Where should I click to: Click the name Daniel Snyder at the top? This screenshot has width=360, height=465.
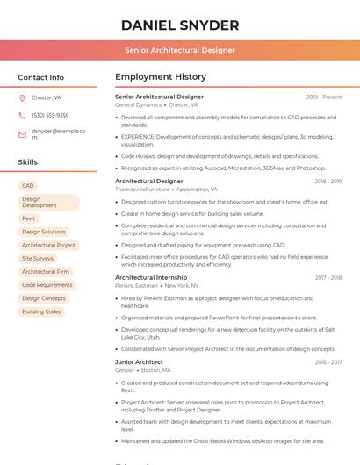pos(180,25)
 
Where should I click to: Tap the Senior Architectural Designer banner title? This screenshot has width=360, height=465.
pos(180,50)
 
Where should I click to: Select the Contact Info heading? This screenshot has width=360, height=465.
pos(41,77)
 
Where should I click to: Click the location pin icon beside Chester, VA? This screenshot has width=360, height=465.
pos(22,98)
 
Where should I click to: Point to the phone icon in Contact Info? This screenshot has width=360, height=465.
pos(22,116)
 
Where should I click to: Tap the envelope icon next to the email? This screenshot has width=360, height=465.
pos(22,134)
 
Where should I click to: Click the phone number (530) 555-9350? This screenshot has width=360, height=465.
pos(50,116)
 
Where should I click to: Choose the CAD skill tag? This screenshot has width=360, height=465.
pos(28,186)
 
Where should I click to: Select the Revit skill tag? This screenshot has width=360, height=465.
pos(29,218)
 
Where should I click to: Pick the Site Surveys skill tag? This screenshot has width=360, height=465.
pos(38,259)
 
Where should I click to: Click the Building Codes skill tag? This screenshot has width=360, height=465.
pos(41,311)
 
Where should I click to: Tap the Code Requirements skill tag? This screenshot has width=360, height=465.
pos(47,285)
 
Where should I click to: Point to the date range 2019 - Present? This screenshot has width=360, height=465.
pos(324,97)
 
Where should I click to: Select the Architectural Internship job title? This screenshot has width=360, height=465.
pos(151,277)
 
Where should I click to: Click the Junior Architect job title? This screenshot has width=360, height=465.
pos(139,361)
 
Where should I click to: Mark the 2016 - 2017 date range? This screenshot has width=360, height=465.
pos(328,362)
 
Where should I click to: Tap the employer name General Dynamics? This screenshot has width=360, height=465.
pos(138,104)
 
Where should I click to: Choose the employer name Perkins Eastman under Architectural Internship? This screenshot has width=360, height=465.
pos(136,285)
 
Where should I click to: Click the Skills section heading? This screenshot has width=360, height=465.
pos(28,162)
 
